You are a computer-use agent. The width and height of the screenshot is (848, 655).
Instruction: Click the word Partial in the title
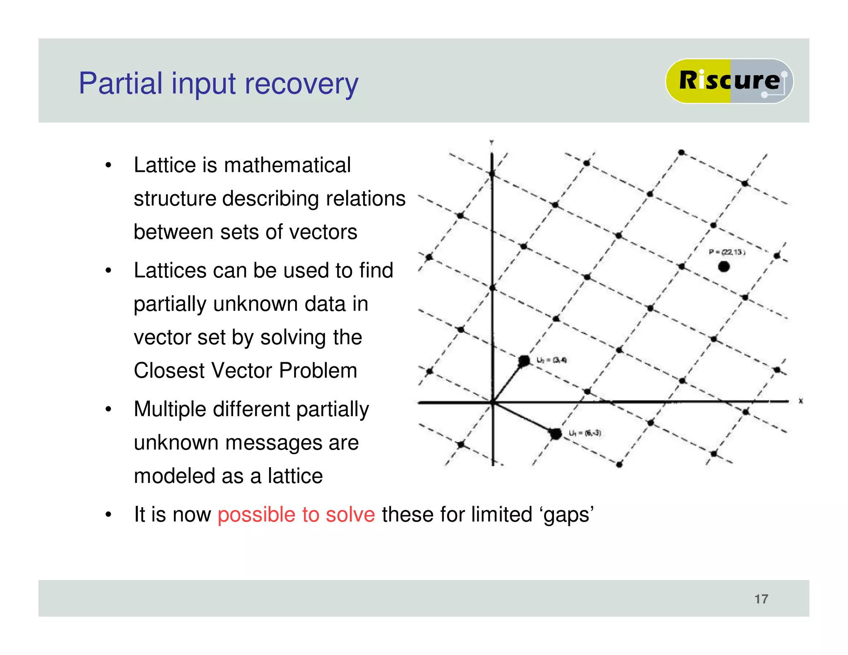point(120,84)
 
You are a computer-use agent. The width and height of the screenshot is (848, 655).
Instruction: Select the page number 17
point(761,599)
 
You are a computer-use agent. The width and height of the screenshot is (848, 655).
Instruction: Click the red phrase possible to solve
point(296,515)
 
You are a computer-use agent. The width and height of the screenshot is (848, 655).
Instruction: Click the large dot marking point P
point(723,267)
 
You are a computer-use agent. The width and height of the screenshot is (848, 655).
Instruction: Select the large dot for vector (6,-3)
point(555,434)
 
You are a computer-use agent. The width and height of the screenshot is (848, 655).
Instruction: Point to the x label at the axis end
point(800,401)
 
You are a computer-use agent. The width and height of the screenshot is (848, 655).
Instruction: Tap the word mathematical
point(287,165)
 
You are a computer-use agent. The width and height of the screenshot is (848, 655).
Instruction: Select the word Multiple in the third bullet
point(170,409)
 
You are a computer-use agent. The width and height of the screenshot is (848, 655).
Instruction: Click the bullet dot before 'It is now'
point(108,515)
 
